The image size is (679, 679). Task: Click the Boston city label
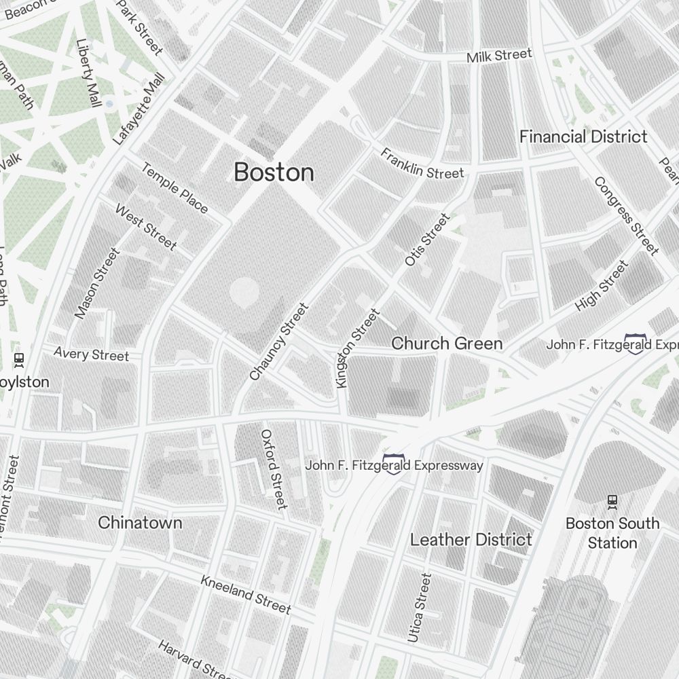click(x=274, y=172)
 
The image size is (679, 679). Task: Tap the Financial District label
click(x=583, y=136)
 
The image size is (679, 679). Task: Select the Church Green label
click(x=447, y=344)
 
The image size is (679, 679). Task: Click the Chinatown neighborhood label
click(x=140, y=523)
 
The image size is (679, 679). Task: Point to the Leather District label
click(x=471, y=540)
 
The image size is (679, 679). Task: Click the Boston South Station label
click(x=612, y=533)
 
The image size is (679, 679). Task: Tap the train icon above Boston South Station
click(x=612, y=502)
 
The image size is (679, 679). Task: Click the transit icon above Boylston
click(x=19, y=359)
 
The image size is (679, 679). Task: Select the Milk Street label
click(x=499, y=56)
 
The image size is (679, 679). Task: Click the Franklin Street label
click(x=422, y=164)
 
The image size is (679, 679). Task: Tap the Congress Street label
click(x=626, y=216)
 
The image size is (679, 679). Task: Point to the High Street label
click(x=602, y=287)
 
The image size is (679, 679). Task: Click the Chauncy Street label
click(x=279, y=342)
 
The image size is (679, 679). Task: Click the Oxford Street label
click(x=274, y=469)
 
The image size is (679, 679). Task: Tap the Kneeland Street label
click(x=245, y=594)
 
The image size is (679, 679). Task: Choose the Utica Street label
click(x=419, y=608)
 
